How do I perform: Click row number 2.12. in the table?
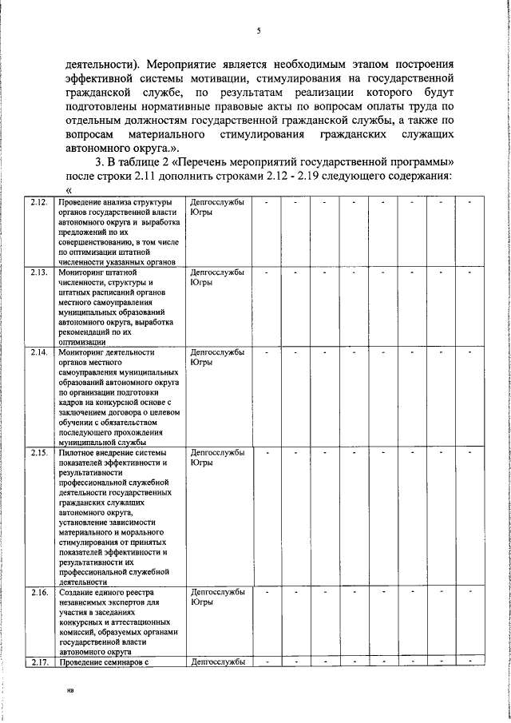point(38,203)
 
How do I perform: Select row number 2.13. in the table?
point(38,272)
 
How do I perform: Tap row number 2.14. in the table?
point(38,352)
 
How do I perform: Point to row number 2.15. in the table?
point(38,453)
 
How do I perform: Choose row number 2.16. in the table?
point(38,592)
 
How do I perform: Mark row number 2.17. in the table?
point(38,661)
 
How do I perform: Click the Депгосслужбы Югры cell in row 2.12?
point(217,208)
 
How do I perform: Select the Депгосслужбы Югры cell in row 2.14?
point(217,356)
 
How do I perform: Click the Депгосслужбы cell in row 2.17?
point(217,661)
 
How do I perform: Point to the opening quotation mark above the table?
point(69,190)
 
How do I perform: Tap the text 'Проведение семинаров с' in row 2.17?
point(104,661)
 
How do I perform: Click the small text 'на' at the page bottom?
point(70,706)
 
